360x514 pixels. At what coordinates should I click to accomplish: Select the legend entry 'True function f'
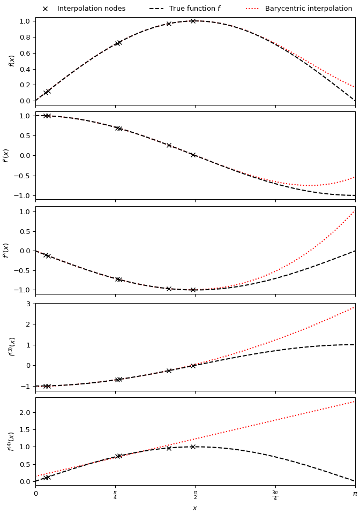(x=194, y=9)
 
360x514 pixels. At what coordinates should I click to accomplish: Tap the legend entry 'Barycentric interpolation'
(x=308, y=9)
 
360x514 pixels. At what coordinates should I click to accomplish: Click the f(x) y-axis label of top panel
(x=12, y=61)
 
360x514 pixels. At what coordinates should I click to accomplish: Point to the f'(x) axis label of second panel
(x=6, y=155)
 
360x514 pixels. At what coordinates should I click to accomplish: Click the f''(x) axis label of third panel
(x=6, y=250)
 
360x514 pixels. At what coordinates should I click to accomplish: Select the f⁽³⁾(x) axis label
(x=12, y=346)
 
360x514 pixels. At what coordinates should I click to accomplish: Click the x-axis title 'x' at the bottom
(x=195, y=508)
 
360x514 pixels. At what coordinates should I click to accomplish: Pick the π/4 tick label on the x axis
(x=115, y=495)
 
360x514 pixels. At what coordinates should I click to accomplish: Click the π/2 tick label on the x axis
(x=195, y=495)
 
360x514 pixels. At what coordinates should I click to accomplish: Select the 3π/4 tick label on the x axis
(x=275, y=495)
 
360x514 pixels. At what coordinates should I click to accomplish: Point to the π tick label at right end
(x=355, y=494)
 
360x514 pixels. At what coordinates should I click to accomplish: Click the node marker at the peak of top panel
(x=193, y=21)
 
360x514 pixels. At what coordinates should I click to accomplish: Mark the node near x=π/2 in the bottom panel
(x=193, y=447)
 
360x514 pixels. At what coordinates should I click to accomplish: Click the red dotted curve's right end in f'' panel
(x=355, y=210)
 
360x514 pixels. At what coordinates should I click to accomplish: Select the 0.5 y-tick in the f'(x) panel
(x=24, y=135)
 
